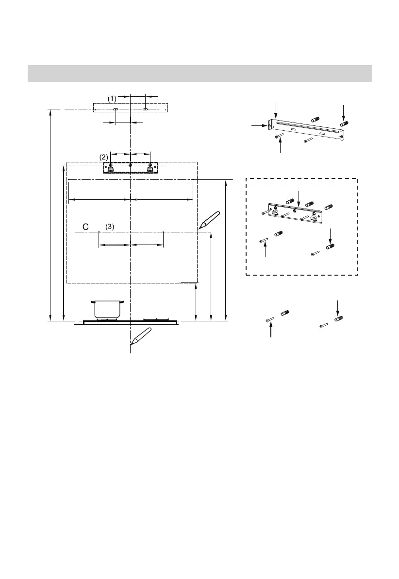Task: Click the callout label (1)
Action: (x=112, y=99)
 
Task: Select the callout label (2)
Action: (x=104, y=157)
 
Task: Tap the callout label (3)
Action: (x=110, y=227)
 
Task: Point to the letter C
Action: (x=85, y=227)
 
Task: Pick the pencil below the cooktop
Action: (x=141, y=336)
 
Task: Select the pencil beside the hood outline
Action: (x=209, y=220)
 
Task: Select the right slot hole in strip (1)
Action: (x=145, y=109)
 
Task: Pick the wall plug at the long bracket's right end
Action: (x=345, y=124)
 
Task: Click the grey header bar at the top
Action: (x=199, y=73)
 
